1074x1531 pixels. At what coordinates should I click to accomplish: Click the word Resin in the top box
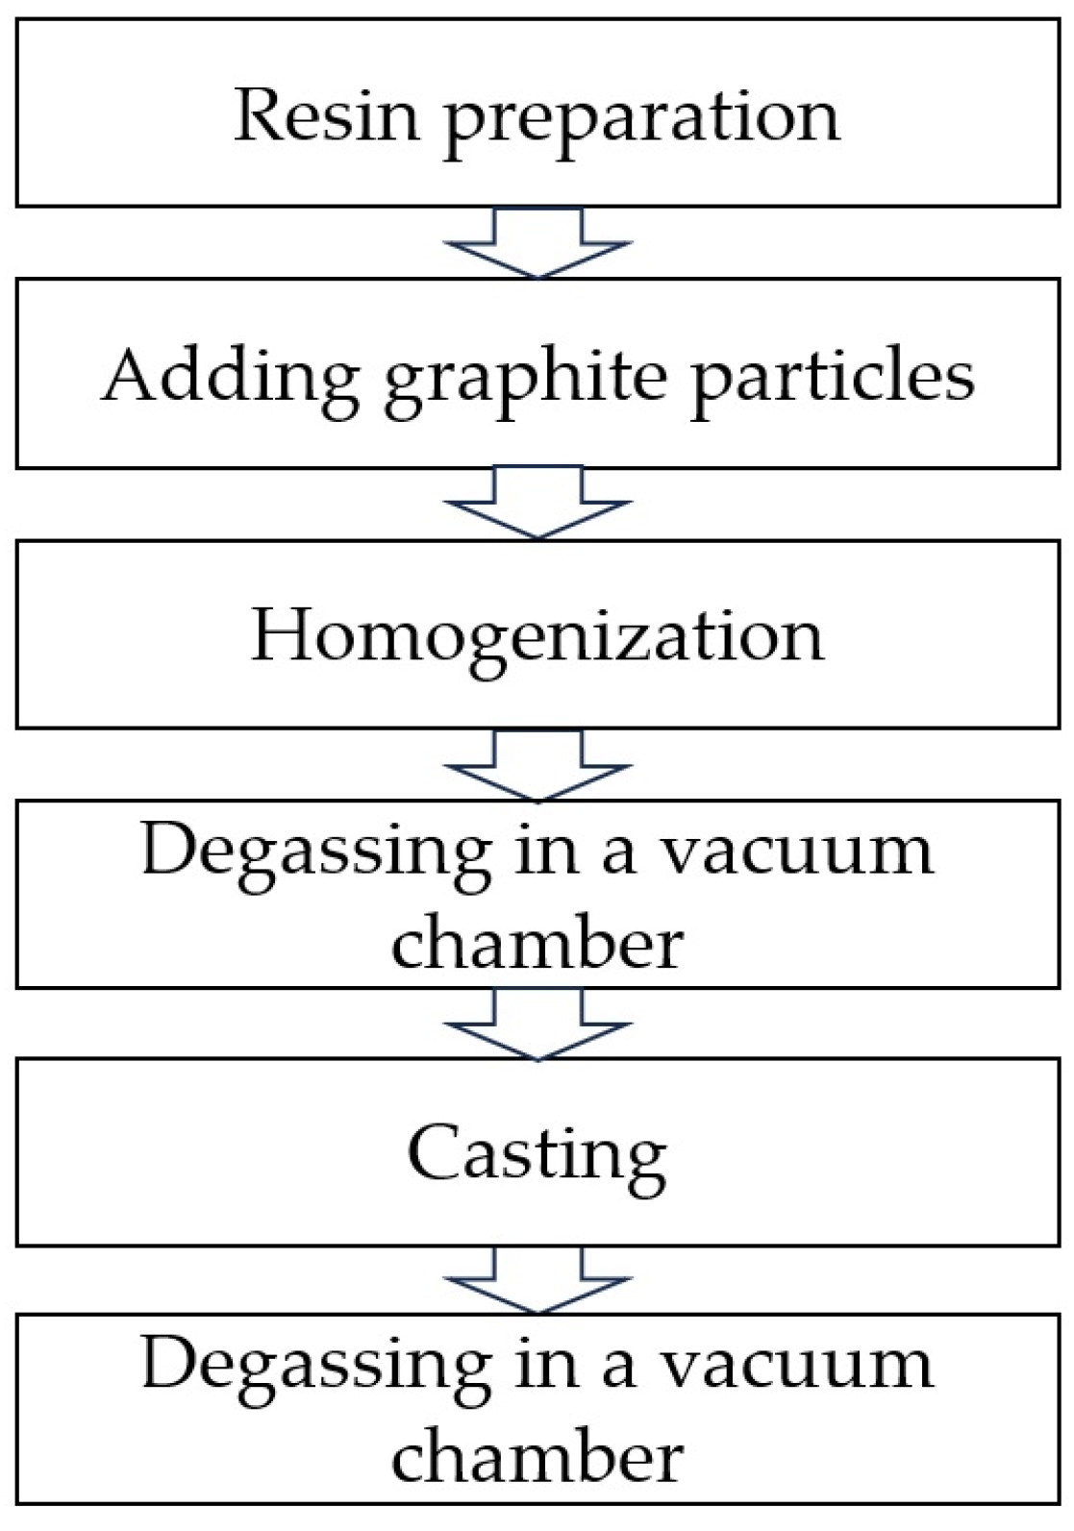[x=326, y=115]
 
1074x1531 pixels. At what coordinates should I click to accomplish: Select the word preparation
[x=641, y=119]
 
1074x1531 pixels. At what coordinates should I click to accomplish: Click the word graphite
[x=525, y=379]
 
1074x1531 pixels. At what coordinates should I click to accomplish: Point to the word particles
[x=833, y=377]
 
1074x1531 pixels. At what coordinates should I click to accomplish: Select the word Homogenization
[x=537, y=636]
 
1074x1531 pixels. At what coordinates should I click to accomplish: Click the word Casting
[x=537, y=1155]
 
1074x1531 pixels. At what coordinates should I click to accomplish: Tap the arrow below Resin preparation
[x=537, y=242]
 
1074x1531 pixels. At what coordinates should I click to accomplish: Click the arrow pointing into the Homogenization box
[x=537, y=503]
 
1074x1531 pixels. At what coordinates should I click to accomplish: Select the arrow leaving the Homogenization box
[x=537, y=765]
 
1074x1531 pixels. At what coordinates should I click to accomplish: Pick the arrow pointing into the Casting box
[x=537, y=1025]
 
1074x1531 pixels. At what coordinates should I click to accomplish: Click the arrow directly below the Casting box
[x=537, y=1281]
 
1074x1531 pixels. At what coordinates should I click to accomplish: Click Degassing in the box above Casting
[x=315, y=853]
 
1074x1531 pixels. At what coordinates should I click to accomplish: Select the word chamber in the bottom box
[x=537, y=1457]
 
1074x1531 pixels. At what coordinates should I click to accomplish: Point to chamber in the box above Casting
[x=537, y=943]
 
